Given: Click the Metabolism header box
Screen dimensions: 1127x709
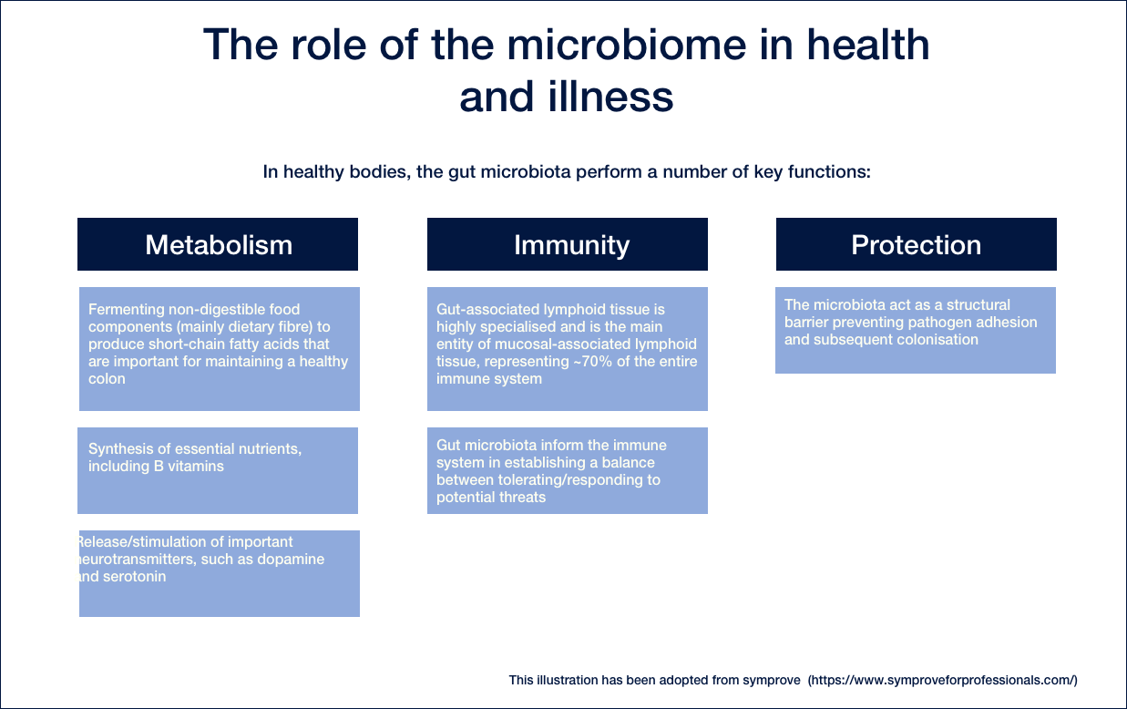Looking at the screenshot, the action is [218, 244].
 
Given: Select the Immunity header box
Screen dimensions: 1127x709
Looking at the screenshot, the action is [568, 244].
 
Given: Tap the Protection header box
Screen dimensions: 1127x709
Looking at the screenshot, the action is [917, 244].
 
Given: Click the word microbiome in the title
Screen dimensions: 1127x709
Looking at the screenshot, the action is [627, 45].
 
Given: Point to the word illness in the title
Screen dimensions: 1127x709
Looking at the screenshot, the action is [610, 97].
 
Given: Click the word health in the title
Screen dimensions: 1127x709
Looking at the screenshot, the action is [868, 45].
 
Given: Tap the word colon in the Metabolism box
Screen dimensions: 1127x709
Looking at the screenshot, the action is [107, 378].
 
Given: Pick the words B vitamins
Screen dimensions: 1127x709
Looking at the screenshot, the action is [189, 466].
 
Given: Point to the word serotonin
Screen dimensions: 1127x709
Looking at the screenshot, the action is [134, 576].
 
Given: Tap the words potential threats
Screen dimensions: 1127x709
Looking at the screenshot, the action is [491, 498].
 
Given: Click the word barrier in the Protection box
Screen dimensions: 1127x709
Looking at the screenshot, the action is [806, 322].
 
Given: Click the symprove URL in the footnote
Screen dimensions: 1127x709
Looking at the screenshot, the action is [943, 681].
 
